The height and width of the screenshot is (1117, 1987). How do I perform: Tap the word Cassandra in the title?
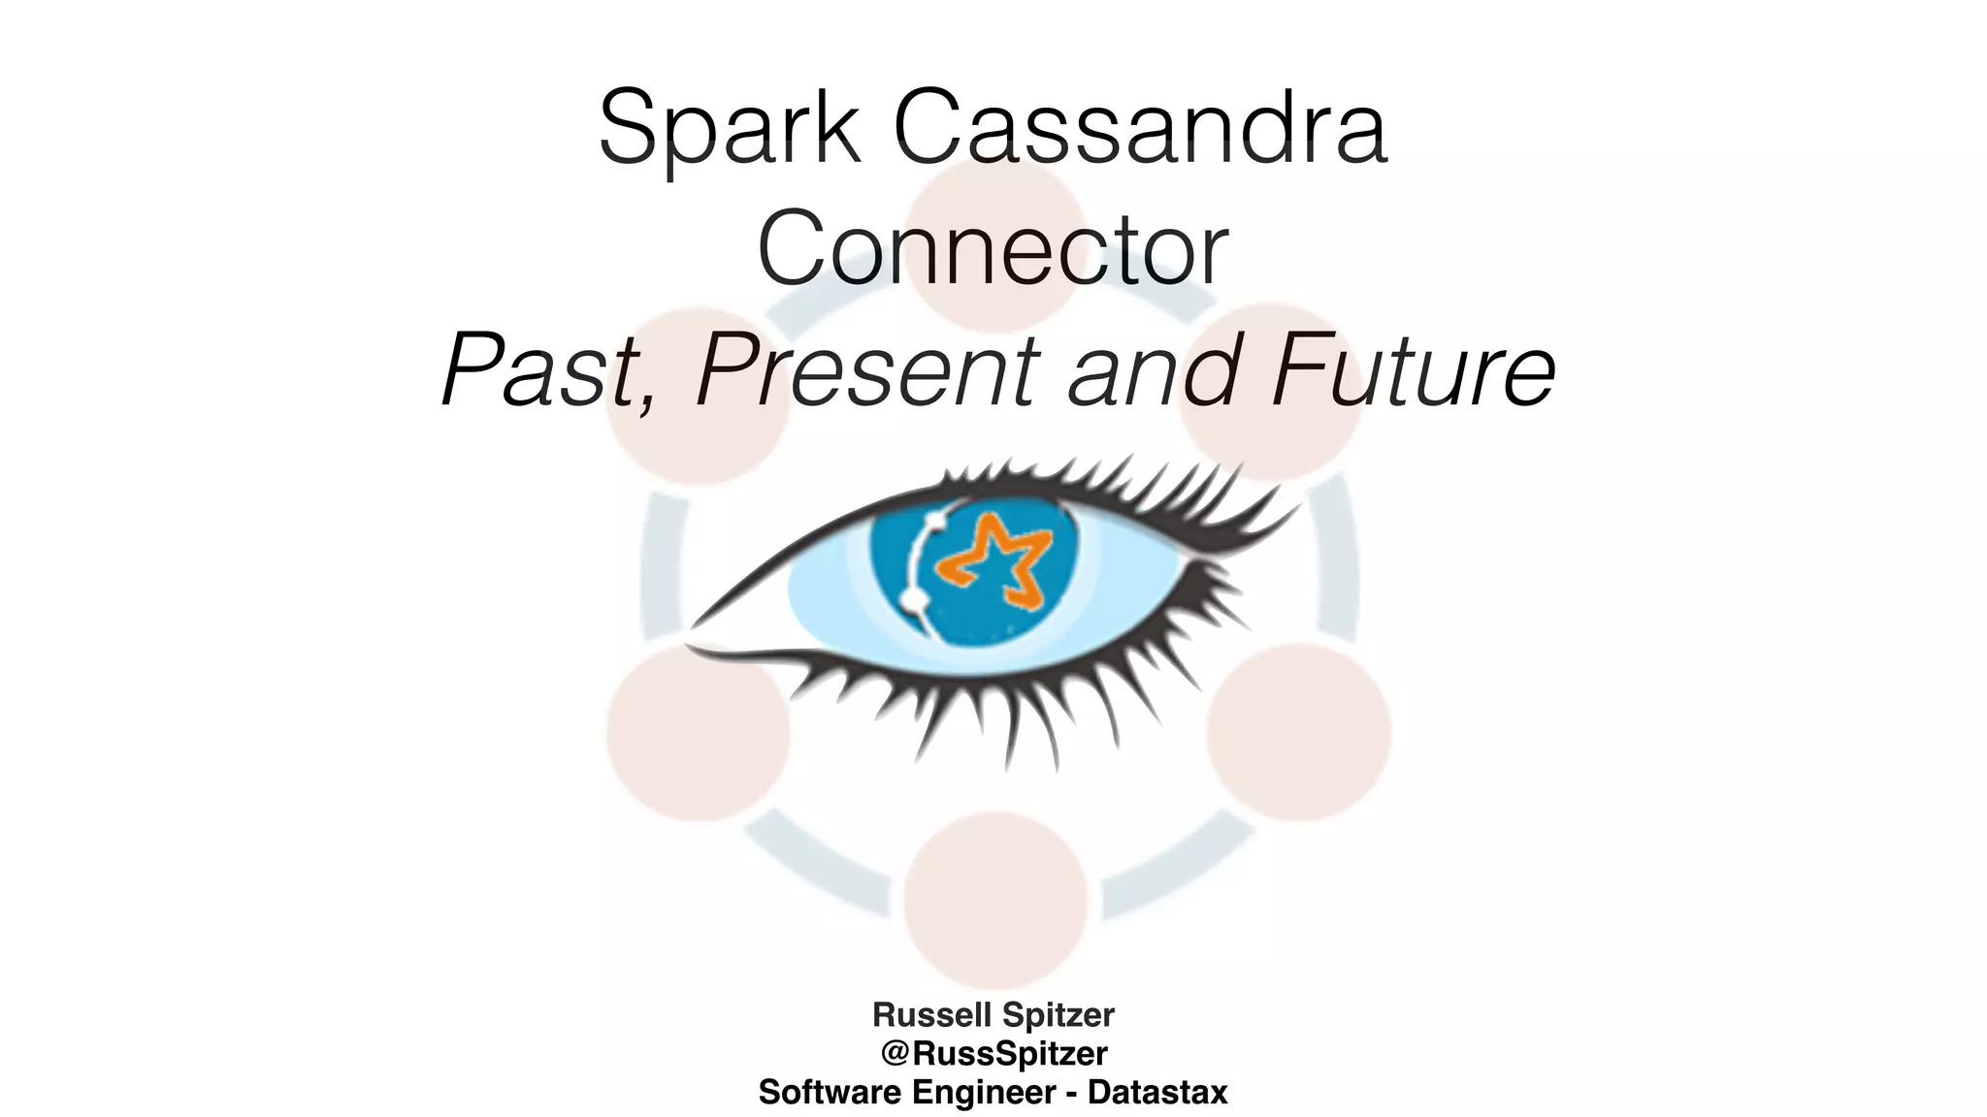tap(1140, 129)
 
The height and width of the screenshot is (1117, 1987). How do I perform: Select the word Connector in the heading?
tap(993, 249)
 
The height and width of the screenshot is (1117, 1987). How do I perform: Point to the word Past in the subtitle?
tap(543, 370)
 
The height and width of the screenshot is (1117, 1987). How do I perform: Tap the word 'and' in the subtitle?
tap(1154, 370)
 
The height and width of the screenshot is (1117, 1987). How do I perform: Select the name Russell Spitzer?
tap(993, 1014)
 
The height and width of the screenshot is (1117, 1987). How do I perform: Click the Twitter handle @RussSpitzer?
tap(993, 1053)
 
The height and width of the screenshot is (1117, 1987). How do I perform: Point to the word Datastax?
tap(1157, 1092)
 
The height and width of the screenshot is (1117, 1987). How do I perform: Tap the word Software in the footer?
tap(830, 1092)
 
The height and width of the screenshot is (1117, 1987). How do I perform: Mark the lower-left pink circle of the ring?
tap(698, 732)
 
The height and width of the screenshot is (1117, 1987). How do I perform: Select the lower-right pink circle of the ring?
tap(1299, 732)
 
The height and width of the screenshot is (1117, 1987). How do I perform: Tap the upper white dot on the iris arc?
tap(935, 522)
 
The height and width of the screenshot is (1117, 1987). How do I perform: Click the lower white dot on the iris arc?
tap(913, 601)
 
